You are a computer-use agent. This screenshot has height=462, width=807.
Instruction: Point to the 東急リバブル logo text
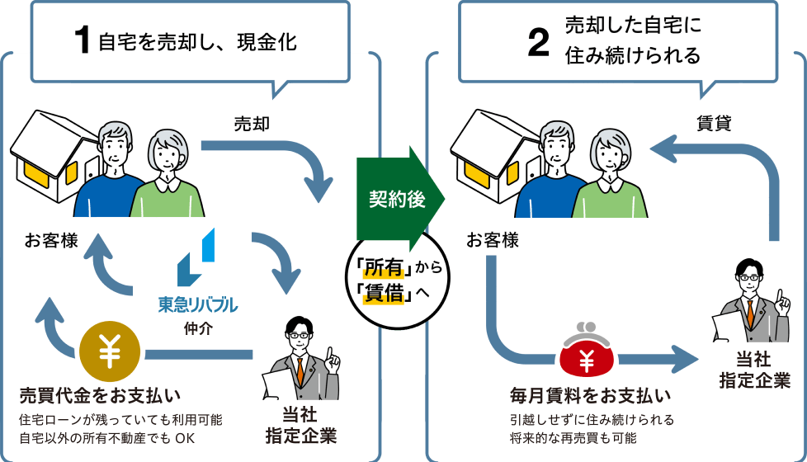pyautogui.click(x=198, y=305)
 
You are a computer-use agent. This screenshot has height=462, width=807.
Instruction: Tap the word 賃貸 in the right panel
pyautogui.click(x=714, y=124)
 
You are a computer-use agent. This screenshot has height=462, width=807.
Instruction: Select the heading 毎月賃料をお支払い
pyautogui.click(x=591, y=394)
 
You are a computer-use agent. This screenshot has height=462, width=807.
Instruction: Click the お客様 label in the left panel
pyautogui.click(x=51, y=241)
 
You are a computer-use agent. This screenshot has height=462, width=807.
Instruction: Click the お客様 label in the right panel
pyautogui.click(x=493, y=241)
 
